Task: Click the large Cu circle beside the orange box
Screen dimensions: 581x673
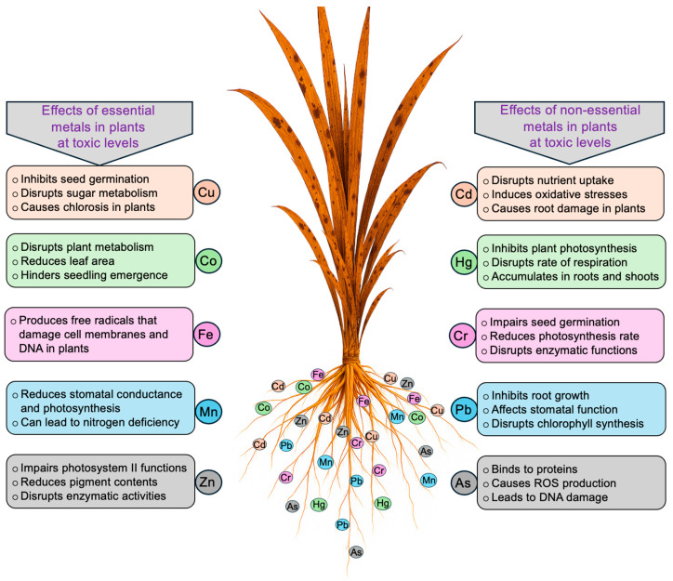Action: click(206, 191)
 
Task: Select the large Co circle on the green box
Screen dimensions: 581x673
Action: click(206, 261)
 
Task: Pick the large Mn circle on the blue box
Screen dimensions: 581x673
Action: click(206, 407)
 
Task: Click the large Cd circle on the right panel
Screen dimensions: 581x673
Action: click(464, 191)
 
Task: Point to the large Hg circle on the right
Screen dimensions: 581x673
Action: click(464, 264)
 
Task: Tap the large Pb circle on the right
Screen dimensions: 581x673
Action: click(464, 409)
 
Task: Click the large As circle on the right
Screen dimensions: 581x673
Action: click(464, 482)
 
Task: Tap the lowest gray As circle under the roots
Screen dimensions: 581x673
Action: click(356, 551)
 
